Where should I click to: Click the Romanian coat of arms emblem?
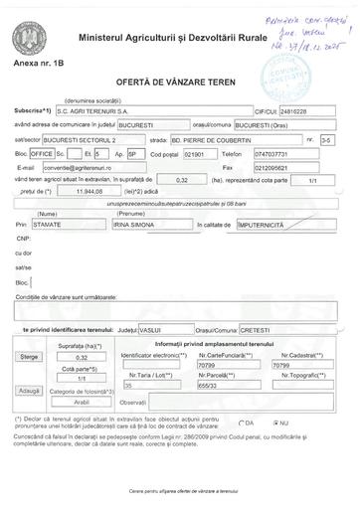[x=27, y=42]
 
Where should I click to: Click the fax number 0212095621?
[x=298, y=167]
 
